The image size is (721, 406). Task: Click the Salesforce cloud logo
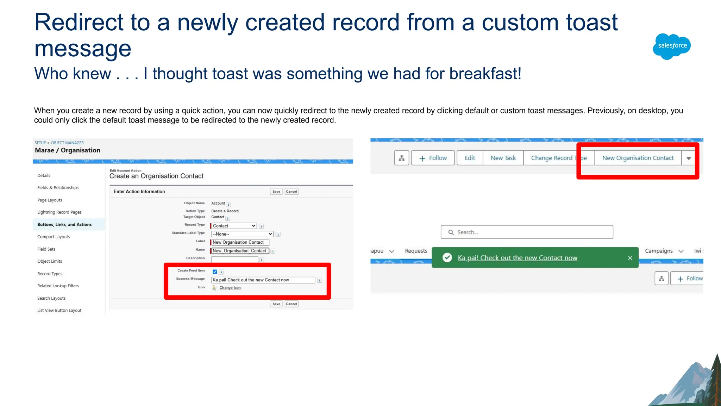point(672,46)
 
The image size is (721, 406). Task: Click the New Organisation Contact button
point(638,158)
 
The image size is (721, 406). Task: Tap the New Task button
point(503,158)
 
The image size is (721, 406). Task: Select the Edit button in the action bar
point(470,158)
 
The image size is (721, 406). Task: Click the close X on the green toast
point(630,258)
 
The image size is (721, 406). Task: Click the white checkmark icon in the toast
point(447,258)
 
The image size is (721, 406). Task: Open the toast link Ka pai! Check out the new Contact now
point(517,258)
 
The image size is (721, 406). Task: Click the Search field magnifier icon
point(451,232)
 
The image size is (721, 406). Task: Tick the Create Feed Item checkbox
point(215,271)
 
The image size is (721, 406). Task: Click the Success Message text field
point(263,280)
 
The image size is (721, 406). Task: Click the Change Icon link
point(230,288)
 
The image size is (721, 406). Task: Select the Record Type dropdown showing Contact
point(234,226)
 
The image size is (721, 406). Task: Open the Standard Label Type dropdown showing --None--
point(242,234)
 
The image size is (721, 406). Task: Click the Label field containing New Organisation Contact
point(240,242)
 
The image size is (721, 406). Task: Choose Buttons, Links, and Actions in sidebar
point(64,225)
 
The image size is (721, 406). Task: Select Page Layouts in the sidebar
point(50,200)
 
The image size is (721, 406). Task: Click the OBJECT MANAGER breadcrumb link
point(67,143)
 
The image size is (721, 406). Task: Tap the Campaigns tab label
point(658,251)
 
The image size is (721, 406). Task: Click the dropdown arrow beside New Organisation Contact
point(689,158)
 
